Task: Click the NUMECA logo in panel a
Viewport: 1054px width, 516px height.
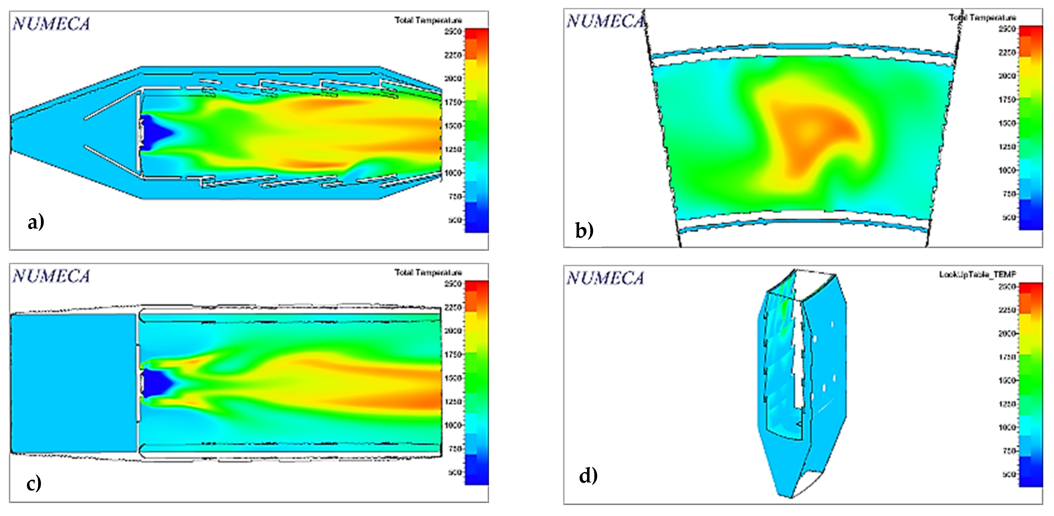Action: [51, 24]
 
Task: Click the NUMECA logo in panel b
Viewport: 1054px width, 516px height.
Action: [605, 21]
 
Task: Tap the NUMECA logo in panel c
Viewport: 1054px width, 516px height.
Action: [51, 276]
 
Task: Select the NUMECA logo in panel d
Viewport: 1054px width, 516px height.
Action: [605, 278]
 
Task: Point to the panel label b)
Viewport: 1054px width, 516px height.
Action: [584, 230]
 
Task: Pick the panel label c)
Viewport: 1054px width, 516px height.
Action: [34, 483]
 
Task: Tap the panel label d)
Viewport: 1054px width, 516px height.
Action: [588, 476]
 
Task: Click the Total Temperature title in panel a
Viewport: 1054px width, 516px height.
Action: [428, 20]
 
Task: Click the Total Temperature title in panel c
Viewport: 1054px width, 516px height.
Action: [428, 272]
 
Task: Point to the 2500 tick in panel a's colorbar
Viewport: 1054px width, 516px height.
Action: [453, 32]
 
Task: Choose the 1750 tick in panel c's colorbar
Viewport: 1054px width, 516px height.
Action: [453, 354]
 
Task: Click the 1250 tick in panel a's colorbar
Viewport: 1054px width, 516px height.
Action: [453, 149]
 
